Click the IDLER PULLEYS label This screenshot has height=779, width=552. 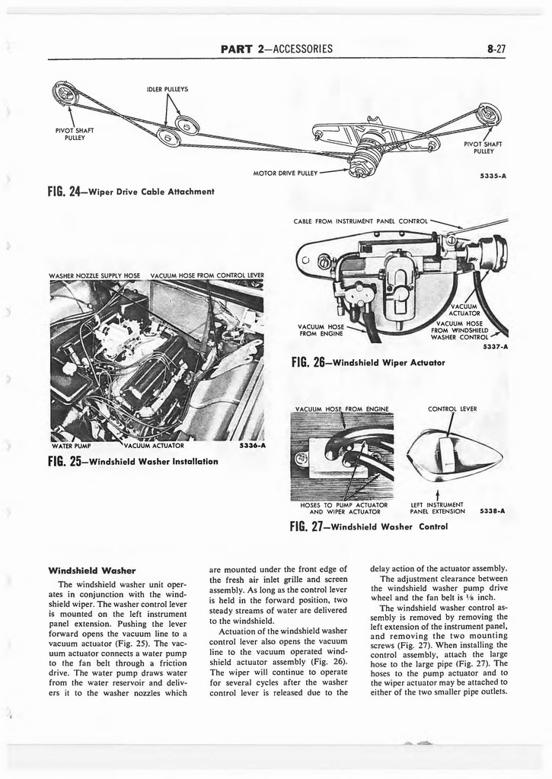pyautogui.click(x=167, y=89)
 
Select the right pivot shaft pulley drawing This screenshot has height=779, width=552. pyautogui.click(x=487, y=115)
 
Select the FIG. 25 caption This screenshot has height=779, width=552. pyautogui.click(x=133, y=461)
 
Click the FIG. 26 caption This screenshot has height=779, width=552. pyautogui.click(x=367, y=362)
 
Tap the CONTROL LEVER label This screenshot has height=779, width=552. pyautogui.click(x=452, y=409)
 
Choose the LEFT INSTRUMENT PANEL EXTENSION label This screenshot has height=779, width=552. pyautogui.click(x=437, y=507)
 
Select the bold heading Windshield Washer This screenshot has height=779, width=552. pyautogui.click(x=91, y=569)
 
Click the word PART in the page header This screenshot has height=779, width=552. pyautogui.click(x=237, y=49)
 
